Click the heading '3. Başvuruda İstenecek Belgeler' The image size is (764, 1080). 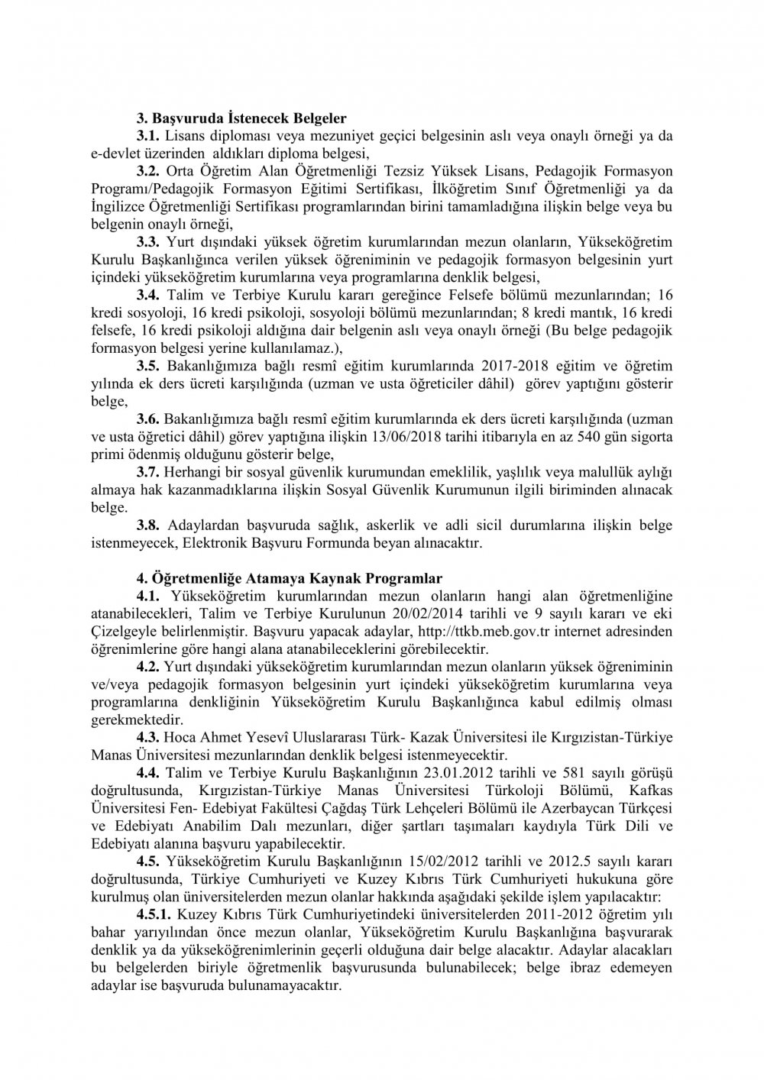[x=241, y=118]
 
